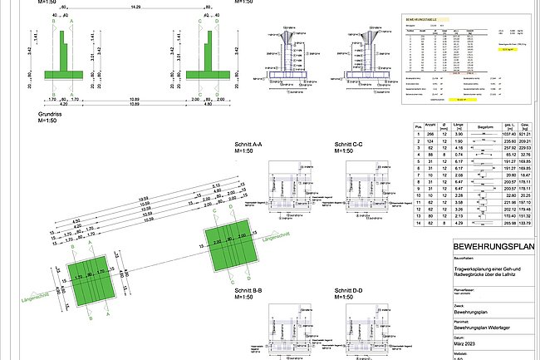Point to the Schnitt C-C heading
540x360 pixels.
[348, 144]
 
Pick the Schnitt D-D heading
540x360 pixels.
[348, 290]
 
